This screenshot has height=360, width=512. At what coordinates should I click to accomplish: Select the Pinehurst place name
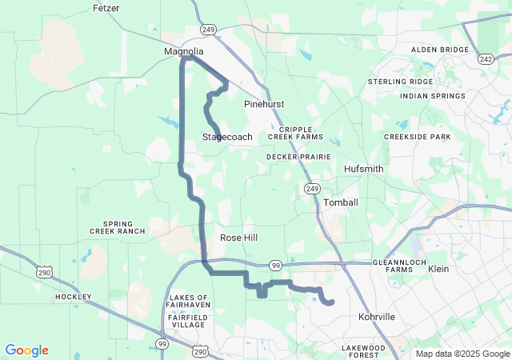click(264, 104)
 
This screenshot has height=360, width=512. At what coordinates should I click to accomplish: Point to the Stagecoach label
click(227, 137)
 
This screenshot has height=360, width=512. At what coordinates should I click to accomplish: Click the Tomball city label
click(341, 202)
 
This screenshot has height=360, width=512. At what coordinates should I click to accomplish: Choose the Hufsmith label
click(363, 170)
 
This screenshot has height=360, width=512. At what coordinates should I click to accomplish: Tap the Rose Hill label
click(239, 238)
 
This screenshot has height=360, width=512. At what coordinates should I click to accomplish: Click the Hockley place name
click(74, 297)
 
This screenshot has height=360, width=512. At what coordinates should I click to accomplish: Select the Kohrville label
click(377, 317)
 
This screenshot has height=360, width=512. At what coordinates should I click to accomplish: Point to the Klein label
click(438, 270)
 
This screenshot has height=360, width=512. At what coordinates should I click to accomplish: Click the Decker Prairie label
click(298, 157)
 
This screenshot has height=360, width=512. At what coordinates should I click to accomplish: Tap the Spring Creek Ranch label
click(124, 227)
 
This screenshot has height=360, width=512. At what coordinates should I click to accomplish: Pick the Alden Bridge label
click(439, 50)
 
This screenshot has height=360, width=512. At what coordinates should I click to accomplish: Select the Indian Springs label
click(432, 96)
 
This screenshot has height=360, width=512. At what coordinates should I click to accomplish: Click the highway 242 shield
click(485, 58)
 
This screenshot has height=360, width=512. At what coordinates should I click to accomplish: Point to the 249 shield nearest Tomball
click(312, 188)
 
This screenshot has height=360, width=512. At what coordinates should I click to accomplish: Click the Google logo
click(26, 350)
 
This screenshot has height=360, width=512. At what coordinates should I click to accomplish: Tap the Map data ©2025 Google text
click(462, 354)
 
